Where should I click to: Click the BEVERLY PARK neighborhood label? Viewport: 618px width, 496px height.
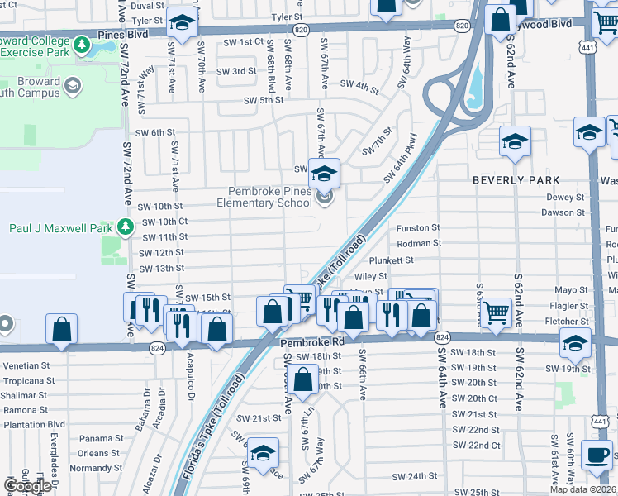[x=516, y=179]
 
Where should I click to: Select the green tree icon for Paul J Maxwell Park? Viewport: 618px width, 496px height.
[x=125, y=227]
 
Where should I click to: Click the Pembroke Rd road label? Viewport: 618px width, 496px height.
[x=311, y=341]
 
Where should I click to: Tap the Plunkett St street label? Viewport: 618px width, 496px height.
[x=414, y=260]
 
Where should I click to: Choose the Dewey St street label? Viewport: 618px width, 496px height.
[x=565, y=197]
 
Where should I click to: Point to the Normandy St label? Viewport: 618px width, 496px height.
[x=88, y=468]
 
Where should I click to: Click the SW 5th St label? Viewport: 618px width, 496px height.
[x=263, y=100]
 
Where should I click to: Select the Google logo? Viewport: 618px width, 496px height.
[x=27, y=486]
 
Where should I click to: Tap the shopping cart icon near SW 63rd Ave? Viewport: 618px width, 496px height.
[x=496, y=312]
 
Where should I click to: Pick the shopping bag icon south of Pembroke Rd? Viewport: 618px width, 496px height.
[x=303, y=379]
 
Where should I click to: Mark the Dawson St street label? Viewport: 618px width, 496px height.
[x=563, y=212]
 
